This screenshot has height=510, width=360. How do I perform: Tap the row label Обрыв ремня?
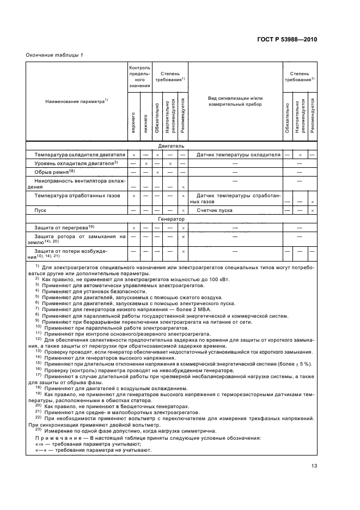coord(54,172)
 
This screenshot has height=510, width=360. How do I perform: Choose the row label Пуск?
coord(41,210)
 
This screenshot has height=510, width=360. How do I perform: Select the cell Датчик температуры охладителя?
coord(238,154)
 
